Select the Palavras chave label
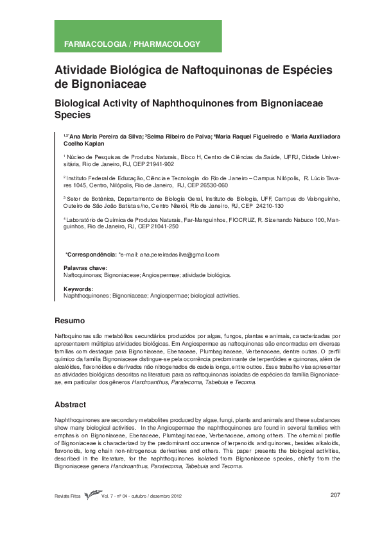pos(85,268)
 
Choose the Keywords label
pos(78,289)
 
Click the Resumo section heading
pos(69,320)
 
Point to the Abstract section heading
pos(71,405)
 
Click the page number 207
pos(334,494)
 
